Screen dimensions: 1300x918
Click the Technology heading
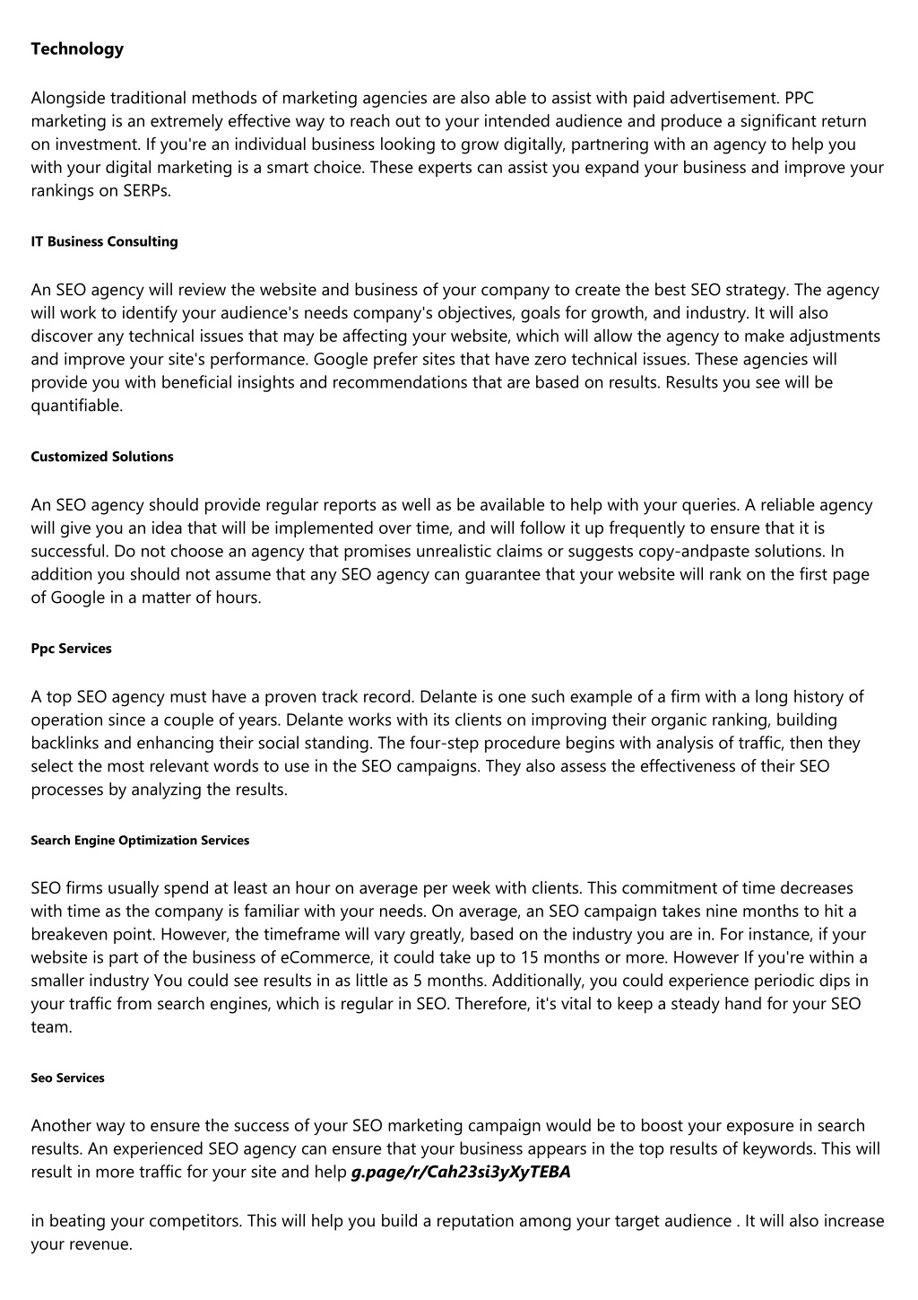click(x=77, y=49)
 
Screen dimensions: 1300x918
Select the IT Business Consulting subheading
click(x=104, y=241)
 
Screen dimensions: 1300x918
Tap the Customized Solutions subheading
click(x=102, y=457)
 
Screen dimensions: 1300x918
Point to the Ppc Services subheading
click(x=71, y=649)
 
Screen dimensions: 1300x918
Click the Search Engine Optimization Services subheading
click(x=140, y=841)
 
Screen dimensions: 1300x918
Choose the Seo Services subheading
click(x=67, y=1078)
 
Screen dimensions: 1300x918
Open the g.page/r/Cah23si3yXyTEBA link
click(x=461, y=1172)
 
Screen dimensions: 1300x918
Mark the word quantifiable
click(x=75, y=406)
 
